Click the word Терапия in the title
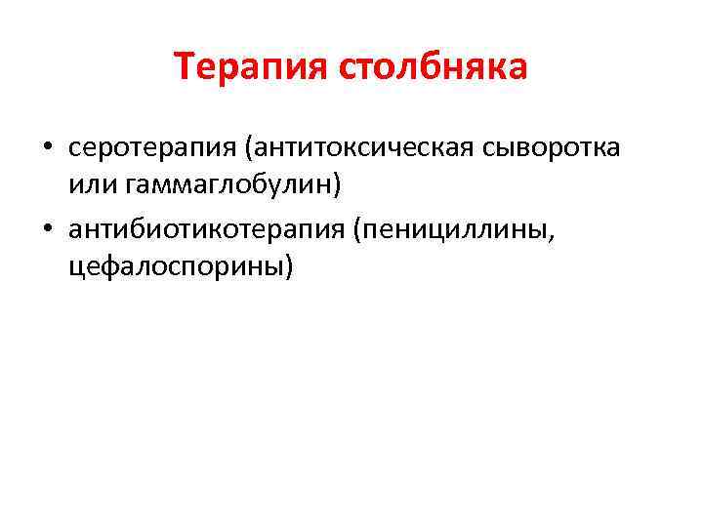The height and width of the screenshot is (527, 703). (x=252, y=67)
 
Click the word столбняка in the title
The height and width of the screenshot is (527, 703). (x=434, y=67)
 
